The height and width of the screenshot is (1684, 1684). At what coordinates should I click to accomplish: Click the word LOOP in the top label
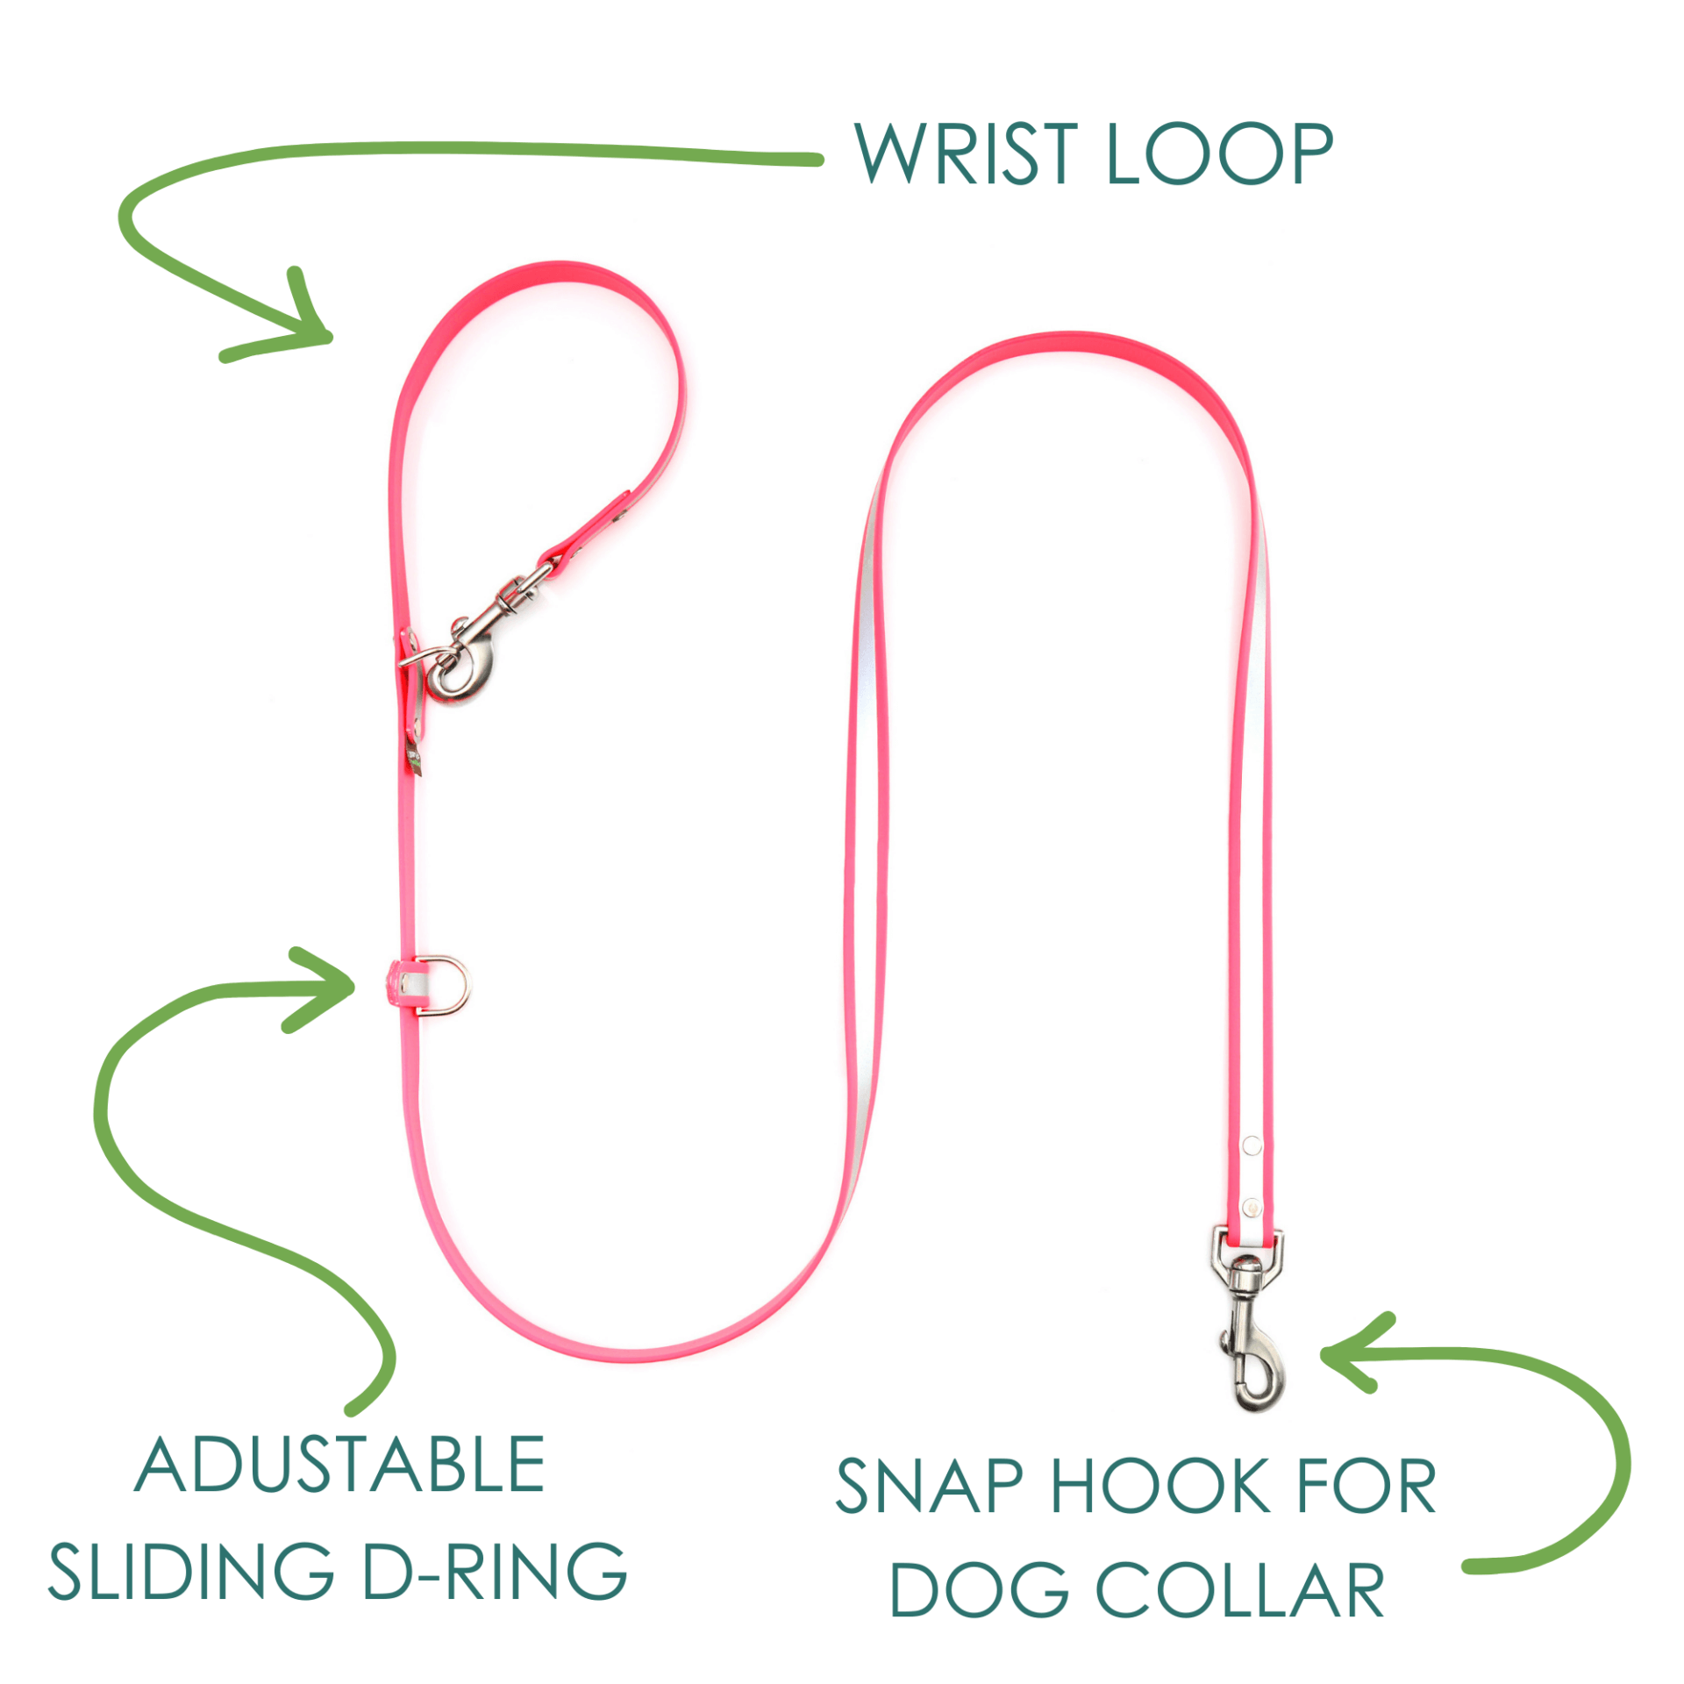1220,153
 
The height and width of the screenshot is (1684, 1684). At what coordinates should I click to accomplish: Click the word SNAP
929,1486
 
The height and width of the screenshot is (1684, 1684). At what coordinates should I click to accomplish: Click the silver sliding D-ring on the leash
446,986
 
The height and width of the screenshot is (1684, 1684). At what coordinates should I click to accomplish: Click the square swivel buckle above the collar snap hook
1248,1252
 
